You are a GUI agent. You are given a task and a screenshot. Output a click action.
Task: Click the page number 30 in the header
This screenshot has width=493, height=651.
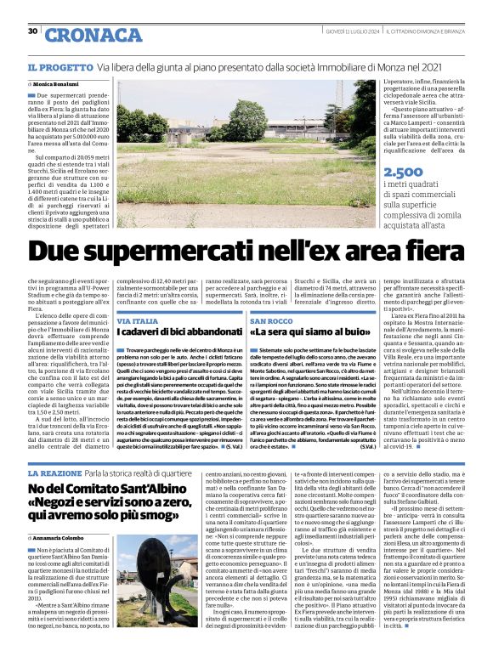pos(32,31)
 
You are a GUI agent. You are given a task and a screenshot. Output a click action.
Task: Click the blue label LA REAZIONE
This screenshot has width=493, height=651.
pos(55,473)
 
